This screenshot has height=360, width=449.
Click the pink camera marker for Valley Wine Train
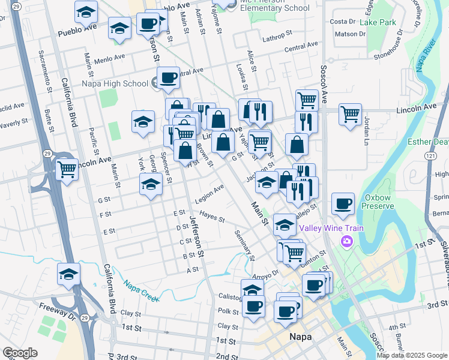click(x=346, y=241)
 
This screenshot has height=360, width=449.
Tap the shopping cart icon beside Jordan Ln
click(x=350, y=112)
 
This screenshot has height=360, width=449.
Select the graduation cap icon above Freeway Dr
click(x=69, y=273)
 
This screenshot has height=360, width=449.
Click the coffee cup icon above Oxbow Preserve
click(x=343, y=203)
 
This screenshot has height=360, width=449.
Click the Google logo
click(x=20, y=353)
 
